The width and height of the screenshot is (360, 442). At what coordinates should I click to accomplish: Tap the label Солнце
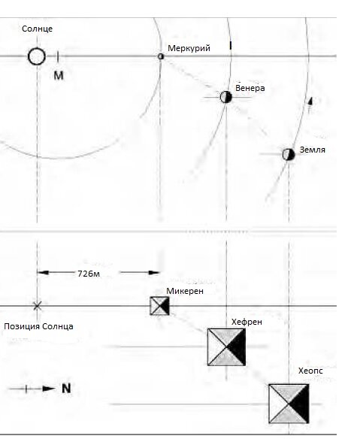click(38, 29)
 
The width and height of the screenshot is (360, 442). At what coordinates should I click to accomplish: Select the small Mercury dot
click(161, 56)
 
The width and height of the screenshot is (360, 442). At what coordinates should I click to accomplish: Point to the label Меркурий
click(189, 48)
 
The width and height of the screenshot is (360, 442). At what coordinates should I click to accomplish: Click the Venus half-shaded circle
click(225, 97)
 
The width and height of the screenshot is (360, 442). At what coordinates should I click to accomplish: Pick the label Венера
click(250, 88)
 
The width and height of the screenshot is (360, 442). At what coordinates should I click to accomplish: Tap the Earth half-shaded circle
click(289, 154)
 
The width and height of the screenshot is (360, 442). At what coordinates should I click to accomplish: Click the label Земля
click(313, 150)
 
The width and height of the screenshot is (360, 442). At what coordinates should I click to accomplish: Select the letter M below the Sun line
click(59, 75)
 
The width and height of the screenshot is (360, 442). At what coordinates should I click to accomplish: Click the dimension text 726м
click(89, 274)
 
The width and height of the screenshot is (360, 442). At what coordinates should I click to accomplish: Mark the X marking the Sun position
click(38, 306)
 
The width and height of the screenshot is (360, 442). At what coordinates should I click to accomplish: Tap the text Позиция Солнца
click(38, 326)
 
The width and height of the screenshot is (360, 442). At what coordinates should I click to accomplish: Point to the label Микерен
click(185, 291)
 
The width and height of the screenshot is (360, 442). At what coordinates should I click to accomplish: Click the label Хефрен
click(247, 322)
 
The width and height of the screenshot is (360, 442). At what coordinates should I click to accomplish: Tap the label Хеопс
click(310, 371)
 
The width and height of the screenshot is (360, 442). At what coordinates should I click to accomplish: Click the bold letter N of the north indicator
click(66, 389)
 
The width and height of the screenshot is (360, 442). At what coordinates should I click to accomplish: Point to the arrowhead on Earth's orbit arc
click(310, 101)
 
